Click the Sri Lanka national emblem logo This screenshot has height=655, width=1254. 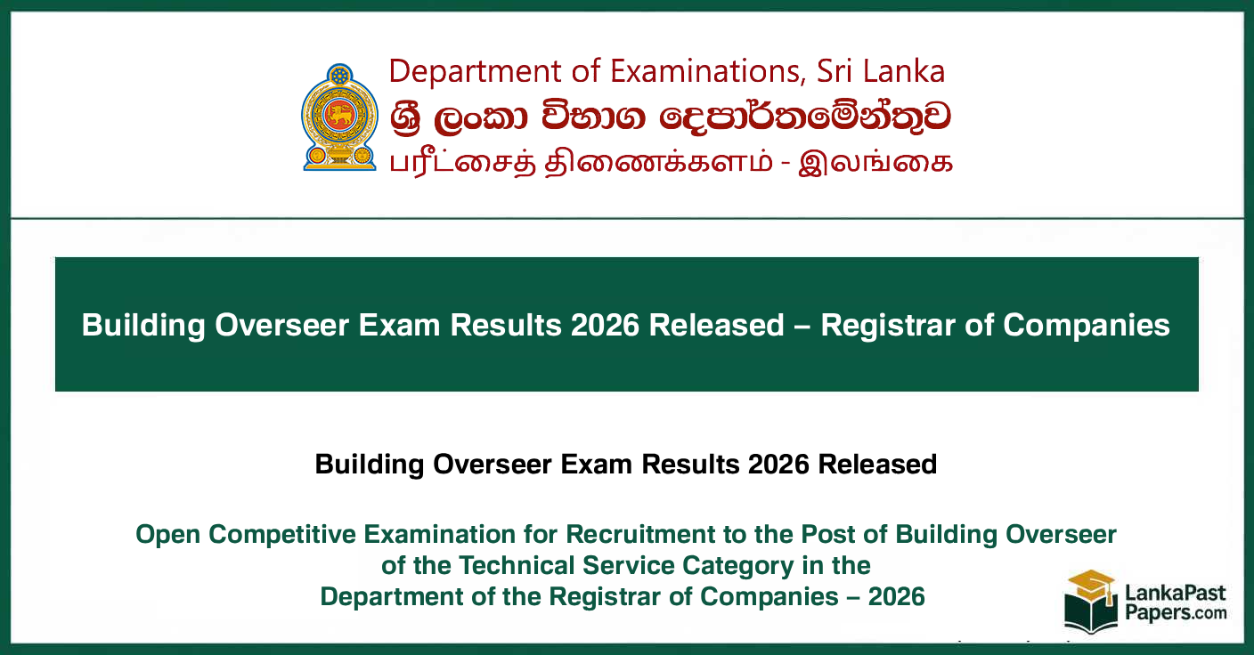coord(339,117)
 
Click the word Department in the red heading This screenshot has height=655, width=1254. coord(475,71)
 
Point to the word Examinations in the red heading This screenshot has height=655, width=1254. coord(708,71)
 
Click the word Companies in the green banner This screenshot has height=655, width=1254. coord(1086,325)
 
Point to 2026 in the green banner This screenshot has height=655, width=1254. coord(605,325)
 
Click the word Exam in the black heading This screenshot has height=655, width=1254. coord(596,465)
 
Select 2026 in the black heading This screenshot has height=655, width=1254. coord(778,465)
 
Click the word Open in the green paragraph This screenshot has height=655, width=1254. coord(168,535)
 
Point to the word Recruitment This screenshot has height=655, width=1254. coord(639,534)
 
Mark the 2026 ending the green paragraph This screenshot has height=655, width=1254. coord(896,597)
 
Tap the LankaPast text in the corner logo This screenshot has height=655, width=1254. coord(1176,593)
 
